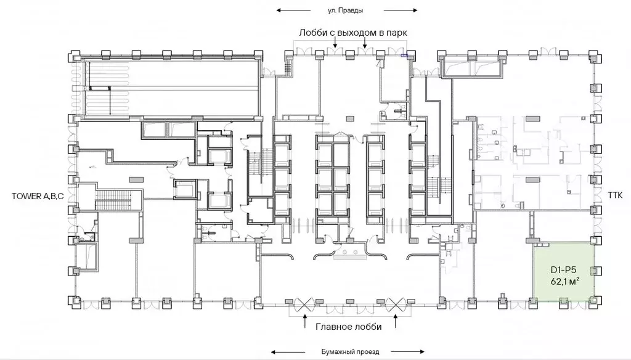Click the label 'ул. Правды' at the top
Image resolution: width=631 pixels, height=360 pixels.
tap(345, 10)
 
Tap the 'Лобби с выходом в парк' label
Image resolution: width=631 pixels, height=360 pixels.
tap(353, 33)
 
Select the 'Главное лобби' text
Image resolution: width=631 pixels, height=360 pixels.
tap(349, 327)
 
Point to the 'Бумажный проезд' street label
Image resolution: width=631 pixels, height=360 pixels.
tap(350, 351)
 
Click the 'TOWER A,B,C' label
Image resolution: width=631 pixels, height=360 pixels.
tap(38, 197)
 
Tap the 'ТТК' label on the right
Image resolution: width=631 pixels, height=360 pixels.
tap(615, 195)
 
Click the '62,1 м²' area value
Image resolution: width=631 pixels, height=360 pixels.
tap(565, 281)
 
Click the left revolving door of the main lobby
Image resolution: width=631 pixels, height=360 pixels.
tap(304, 305)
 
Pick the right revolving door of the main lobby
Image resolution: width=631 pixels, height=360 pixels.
tap(396, 305)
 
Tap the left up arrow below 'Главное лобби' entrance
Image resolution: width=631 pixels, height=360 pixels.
tap(306, 322)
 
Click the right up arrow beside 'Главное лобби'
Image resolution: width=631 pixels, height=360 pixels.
tap(396, 322)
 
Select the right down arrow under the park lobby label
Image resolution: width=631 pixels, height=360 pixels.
tap(365, 43)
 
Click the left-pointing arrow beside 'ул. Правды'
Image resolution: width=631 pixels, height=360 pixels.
tap(293, 10)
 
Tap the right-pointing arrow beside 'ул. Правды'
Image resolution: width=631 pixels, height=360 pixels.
tap(401, 10)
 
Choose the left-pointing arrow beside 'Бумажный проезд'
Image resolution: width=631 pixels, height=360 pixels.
tap(289, 352)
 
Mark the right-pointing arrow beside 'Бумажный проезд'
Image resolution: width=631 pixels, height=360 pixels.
tap(407, 352)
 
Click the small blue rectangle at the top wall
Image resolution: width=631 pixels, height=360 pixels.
tap(404, 55)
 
